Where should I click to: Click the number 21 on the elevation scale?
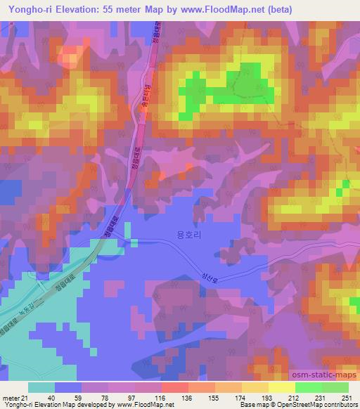tap(25, 398)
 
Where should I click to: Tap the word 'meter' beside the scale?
tap(10, 398)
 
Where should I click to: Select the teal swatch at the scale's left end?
tap(41, 388)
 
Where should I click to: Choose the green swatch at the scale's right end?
tap(335, 388)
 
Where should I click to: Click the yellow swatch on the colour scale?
tap(281, 388)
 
